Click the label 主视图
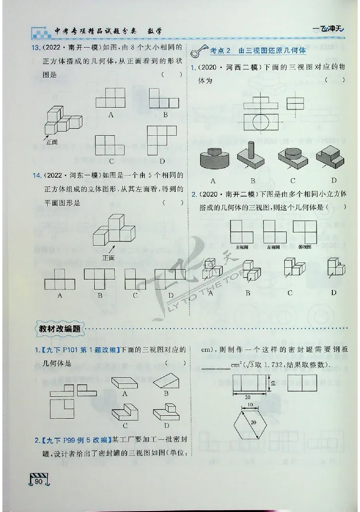point(241,247)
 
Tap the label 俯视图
point(304,247)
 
